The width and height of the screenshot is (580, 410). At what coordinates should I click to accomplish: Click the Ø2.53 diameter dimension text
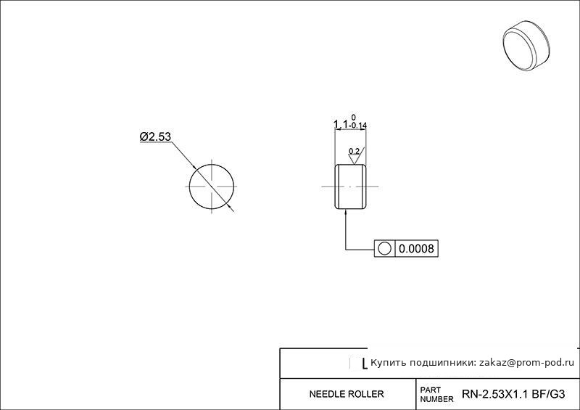pos(155,136)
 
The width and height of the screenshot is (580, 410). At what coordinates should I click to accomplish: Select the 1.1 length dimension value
pos(341,124)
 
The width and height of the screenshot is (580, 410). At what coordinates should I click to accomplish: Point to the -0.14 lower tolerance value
pos(357,126)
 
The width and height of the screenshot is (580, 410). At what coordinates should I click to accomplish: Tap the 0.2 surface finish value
pos(354,151)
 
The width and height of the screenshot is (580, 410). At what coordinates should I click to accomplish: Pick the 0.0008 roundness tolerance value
pos(416,248)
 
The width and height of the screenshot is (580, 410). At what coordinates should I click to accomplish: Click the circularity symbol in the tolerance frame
pos(385,248)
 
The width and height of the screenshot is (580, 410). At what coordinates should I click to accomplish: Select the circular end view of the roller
pos(212,186)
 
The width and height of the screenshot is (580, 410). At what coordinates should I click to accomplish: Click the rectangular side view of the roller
pos(351,186)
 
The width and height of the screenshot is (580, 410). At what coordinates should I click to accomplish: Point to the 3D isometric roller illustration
pos(526,45)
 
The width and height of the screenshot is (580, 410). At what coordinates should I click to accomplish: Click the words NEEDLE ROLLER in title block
pos(347,394)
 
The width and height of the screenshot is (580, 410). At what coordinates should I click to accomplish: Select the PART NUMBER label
pos(436,395)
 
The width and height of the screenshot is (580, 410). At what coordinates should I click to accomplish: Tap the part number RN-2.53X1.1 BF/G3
pos(513,394)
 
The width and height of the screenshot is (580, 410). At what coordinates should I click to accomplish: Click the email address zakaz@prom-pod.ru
pos(527,363)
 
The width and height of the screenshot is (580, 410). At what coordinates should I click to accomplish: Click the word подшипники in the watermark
pos(441,363)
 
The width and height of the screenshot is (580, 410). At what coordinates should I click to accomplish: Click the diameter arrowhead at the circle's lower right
pos(230,208)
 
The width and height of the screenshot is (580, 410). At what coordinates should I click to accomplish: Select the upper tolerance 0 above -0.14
pos(354,118)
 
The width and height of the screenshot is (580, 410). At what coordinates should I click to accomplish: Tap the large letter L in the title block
pos(364,364)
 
